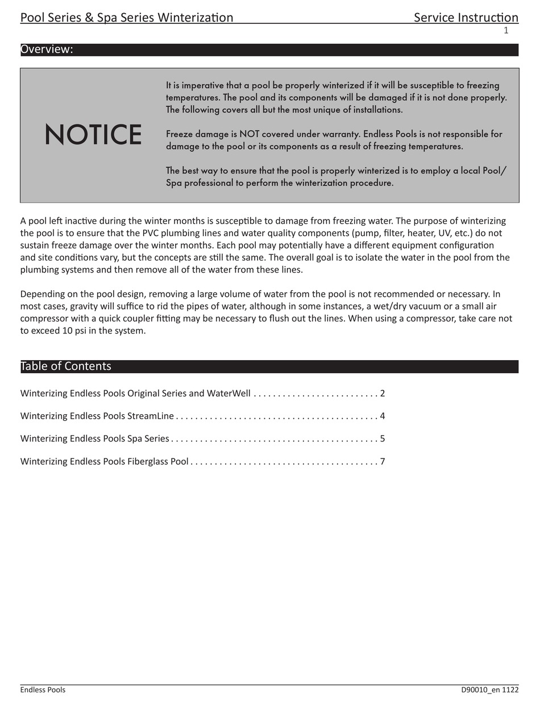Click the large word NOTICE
click(x=93, y=135)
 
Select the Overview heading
click(x=47, y=49)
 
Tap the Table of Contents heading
click(x=66, y=366)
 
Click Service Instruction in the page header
click(x=466, y=18)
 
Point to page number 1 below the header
click(x=506, y=31)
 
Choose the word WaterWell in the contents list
click(x=229, y=394)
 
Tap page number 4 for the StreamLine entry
click(x=383, y=416)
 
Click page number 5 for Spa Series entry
click(x=383, y=439)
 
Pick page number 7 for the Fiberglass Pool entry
click(x=383, y=461)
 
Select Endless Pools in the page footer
click(x=43, y=690)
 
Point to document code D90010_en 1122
click(x=489, y=690)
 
